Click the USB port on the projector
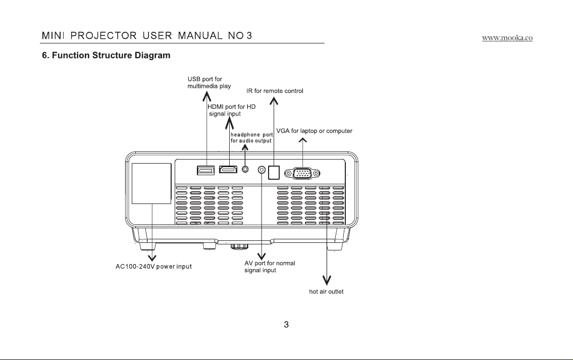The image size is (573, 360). coord(205,170)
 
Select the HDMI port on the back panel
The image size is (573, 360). coord(228,169)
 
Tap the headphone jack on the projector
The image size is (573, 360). coord(245,169)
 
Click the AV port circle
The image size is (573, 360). coord(262,170)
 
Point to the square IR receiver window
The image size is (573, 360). coord(274,173)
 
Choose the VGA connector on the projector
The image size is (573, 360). coord(302,173)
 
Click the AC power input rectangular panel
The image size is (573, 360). coord(151,183)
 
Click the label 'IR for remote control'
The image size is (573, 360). coord(275,91)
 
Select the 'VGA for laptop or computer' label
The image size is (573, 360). coord(315,131)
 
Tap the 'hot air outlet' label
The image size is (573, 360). coord(326,292)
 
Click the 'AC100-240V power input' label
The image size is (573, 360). coord(153,267)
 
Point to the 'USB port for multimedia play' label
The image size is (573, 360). coord(209,83)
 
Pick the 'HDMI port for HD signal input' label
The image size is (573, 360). coord(232,110)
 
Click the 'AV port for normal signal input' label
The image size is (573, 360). coord(270,267)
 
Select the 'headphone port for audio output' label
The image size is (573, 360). coord(252,138)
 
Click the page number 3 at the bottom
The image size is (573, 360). coord(286,325)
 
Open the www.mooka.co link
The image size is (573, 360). coord(507,38)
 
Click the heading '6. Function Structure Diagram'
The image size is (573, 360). coord(106,55)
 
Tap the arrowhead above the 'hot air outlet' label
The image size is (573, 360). coord(327,280)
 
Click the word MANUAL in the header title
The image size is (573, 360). coord(200,36)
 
